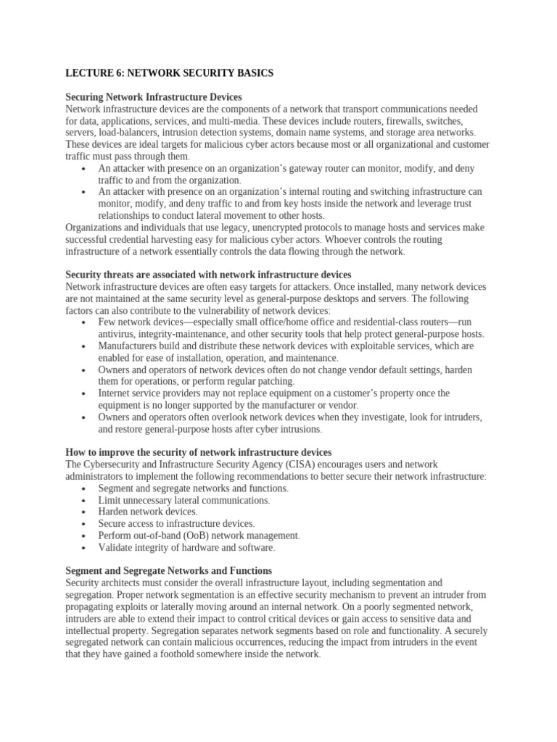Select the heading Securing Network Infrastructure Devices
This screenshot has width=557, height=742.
coord(154,96)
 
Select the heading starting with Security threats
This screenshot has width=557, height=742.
coord(208,275)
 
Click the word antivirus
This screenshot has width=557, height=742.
coord(118,334)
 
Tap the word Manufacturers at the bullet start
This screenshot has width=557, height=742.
coord(131,346)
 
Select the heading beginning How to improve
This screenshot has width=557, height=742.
coord(199,452)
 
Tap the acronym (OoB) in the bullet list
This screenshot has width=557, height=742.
coord(190,535)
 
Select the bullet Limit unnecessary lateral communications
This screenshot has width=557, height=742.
coord(184,500)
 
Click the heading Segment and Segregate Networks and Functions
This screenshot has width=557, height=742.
coord(169,571)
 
